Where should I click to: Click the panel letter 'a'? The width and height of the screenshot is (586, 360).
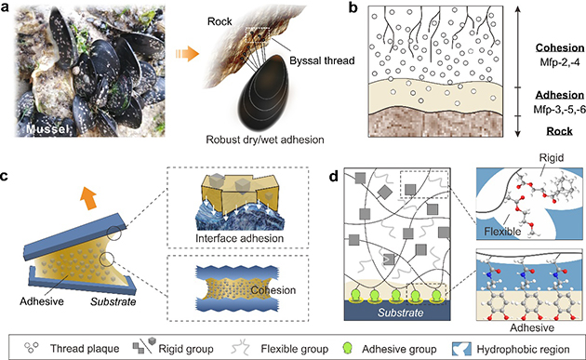point(6,7)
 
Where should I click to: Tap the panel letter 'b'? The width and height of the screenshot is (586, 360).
point(353,7)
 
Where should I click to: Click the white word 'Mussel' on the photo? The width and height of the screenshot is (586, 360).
point(47,129)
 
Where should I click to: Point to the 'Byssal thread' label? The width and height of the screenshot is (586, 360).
point(322,60)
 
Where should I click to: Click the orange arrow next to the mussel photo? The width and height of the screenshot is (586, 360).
point(187,53)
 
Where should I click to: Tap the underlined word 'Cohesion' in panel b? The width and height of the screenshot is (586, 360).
point(560,47)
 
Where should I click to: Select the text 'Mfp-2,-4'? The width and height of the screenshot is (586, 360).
point(560,62)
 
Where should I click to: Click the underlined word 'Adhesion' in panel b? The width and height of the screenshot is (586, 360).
point(560,95)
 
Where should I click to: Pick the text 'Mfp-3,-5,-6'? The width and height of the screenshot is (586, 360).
point(560,110)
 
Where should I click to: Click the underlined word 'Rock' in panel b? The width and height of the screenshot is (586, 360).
point(559,131)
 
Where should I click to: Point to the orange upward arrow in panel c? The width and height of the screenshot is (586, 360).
point(89,198)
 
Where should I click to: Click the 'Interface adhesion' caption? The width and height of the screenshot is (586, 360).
point(240,238)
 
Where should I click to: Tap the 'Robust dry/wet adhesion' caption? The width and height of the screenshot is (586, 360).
point(265,140)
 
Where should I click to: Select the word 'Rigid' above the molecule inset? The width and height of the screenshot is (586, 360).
point(552,158)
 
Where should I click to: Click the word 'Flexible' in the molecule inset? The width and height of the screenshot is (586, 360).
point(502,232)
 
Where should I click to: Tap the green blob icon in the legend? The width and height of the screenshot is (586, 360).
point(348,348)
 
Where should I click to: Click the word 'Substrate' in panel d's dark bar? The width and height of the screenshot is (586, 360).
point(400,313)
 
